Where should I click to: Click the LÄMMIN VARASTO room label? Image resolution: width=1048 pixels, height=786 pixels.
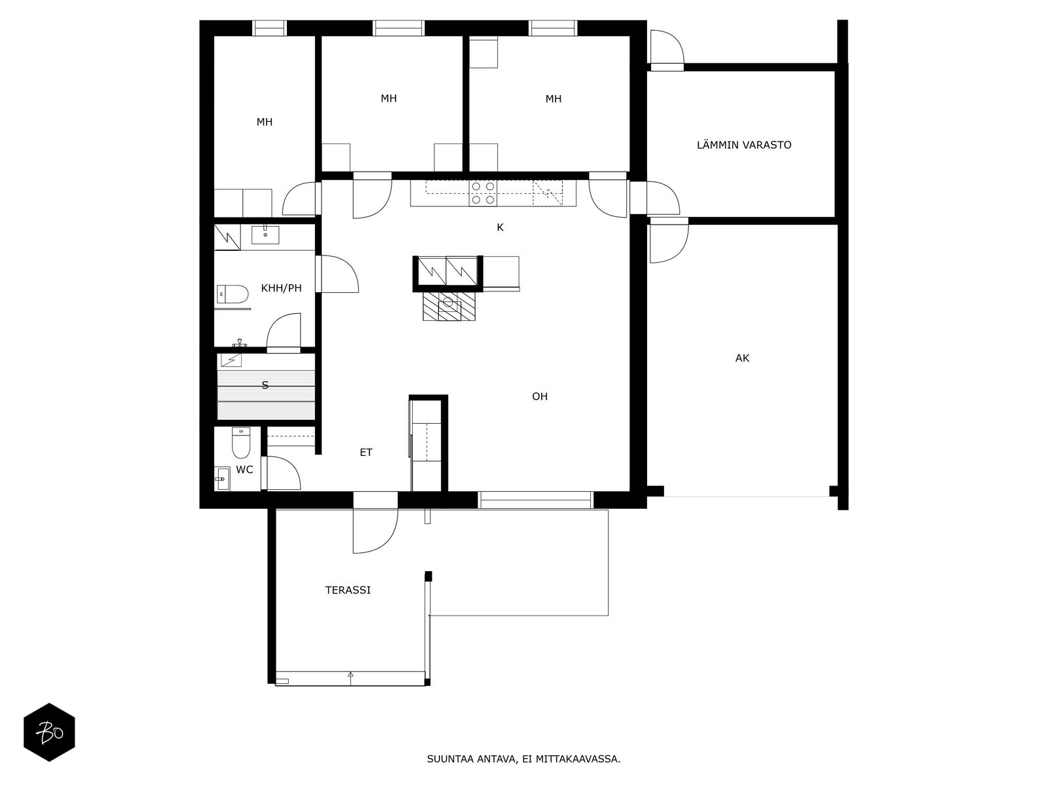click(743, 145)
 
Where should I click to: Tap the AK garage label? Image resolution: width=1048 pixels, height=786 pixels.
click(742, 358)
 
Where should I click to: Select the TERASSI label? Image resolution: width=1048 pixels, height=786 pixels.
click(348, 590)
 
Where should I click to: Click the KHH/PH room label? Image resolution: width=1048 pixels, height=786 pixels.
click(281, 288)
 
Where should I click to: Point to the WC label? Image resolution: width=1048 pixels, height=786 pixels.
click(244, 470)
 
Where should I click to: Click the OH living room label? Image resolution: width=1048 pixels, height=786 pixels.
click(540, 396)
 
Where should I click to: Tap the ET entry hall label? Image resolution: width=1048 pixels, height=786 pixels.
click(366, 453)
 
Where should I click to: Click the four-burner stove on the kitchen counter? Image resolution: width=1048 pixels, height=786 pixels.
click(483, 194)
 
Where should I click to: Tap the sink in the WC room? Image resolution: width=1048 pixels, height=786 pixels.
click(221, 479)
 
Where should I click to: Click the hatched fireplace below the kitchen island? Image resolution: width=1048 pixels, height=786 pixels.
click(449, 306)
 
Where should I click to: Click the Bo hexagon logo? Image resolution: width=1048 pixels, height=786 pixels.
click(49, 732)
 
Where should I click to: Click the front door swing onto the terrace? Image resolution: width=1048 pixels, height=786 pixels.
click(375, 531)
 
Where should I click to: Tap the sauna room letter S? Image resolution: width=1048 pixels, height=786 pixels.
click(265, 385)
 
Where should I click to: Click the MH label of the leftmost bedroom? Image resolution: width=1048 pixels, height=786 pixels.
click(265, 122)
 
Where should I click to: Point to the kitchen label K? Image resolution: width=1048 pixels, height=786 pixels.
click(500, 228)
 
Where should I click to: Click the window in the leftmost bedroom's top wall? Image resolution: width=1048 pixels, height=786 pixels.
click(270, 28)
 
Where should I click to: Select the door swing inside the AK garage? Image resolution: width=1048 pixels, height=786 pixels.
click(668, 242)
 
